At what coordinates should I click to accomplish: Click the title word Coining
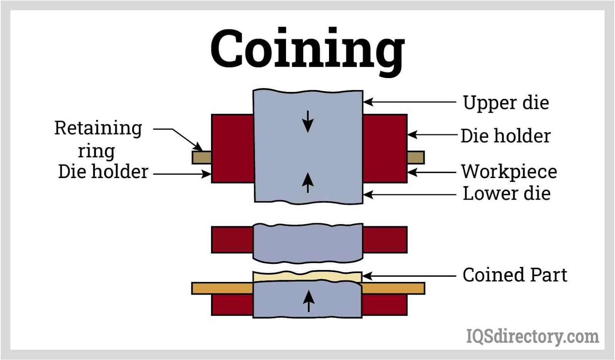coord(307,50)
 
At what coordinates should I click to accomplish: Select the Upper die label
coord(506,103)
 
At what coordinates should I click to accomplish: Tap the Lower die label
coord(506,193)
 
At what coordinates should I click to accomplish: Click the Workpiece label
coord(509,172)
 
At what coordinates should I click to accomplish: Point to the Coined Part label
coord(515,275)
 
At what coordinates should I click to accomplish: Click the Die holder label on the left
coord(103,172)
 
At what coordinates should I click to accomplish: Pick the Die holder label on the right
coord(505,136)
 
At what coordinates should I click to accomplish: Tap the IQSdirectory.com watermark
coord(532,337)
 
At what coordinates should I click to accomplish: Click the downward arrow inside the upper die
coord(307,121)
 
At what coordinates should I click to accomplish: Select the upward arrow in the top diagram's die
coord(307,182)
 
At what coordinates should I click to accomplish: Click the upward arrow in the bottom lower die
coord(308,301)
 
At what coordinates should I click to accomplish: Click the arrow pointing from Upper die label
coord(409,102)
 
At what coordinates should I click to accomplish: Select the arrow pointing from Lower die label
coord(409,195)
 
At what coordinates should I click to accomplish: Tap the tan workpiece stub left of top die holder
coord(201,157)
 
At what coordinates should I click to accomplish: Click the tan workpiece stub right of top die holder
coord(416,157)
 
